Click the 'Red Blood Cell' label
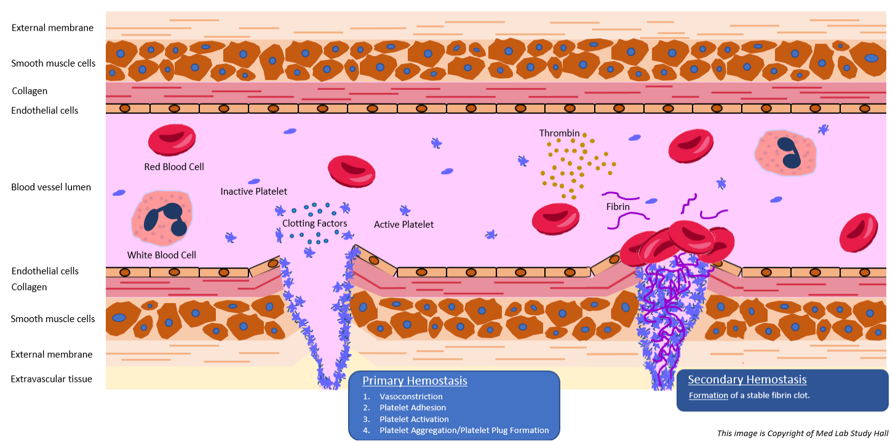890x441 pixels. (x=174, y=166)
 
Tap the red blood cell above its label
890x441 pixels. (x=172, y=140)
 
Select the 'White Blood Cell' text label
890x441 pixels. (x=162, y=255)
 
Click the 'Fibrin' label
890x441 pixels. (x=618, y=206)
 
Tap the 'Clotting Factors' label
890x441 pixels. (x=314, y=224)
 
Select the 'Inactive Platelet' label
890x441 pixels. (x=253, y=192)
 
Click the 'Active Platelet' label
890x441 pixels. (x=403, y=225)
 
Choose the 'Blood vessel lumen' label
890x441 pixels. (x=51, y=187)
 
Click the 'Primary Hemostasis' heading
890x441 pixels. (x=415, y=381)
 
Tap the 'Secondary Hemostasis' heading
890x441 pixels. (x=747, y=380)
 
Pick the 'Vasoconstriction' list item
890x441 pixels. (x=411, y=397)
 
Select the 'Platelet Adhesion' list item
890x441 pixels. (x=413, y=408)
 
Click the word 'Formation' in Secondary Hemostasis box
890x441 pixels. (x=708, y=395)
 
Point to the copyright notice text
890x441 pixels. (x=802, y=433)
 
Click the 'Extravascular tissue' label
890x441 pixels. (x=52, y=379)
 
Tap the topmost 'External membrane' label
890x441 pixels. (x=52, y=28)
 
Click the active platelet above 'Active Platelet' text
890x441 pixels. (x=405, y=211)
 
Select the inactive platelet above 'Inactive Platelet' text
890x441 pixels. (x=253, y=181)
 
